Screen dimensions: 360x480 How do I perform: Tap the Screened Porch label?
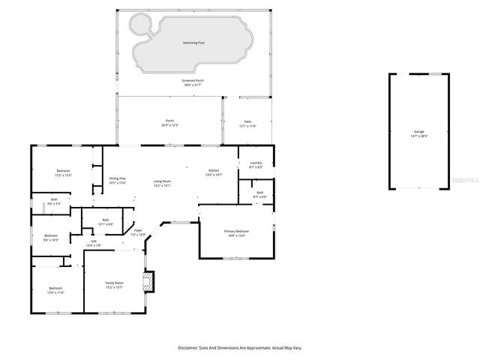pos(193,81)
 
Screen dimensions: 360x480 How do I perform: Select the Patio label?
pos(247,122)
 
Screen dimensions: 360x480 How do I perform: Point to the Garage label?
pos(419,132)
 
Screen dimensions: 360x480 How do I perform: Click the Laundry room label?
pos(256,163)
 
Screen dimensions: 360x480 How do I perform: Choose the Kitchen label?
pos(214,172)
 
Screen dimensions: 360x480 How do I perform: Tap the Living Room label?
pos(163,181)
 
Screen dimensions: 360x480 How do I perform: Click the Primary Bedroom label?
pos(237,231)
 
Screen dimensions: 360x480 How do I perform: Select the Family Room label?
pos(113,283)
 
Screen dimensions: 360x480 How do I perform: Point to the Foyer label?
pos(137,232)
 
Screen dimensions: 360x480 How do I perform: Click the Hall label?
pos(94,241)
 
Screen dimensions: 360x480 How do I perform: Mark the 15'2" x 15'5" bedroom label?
pos(63,172)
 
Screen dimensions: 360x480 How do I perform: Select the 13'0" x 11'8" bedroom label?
pos(56,289)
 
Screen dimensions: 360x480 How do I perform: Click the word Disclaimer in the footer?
pos(187,348)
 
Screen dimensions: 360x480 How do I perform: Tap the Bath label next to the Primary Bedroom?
pos(259,193)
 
